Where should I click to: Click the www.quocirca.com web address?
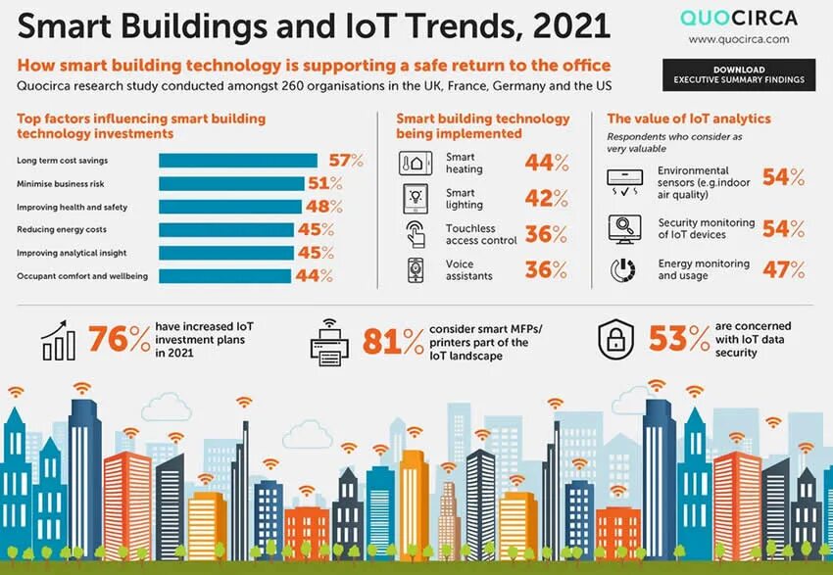[738, 39]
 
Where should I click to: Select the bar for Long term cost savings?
[238, 161]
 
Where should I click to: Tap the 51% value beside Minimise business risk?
[323, 183]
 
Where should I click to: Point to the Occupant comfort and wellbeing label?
[82, 276]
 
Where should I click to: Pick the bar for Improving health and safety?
[229, 207]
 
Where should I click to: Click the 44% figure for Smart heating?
[546, 163]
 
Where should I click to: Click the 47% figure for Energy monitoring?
[784, 269]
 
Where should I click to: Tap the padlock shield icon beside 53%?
[617, 339]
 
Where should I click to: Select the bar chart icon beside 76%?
[59, 339]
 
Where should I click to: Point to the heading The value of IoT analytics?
[689, 119]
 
